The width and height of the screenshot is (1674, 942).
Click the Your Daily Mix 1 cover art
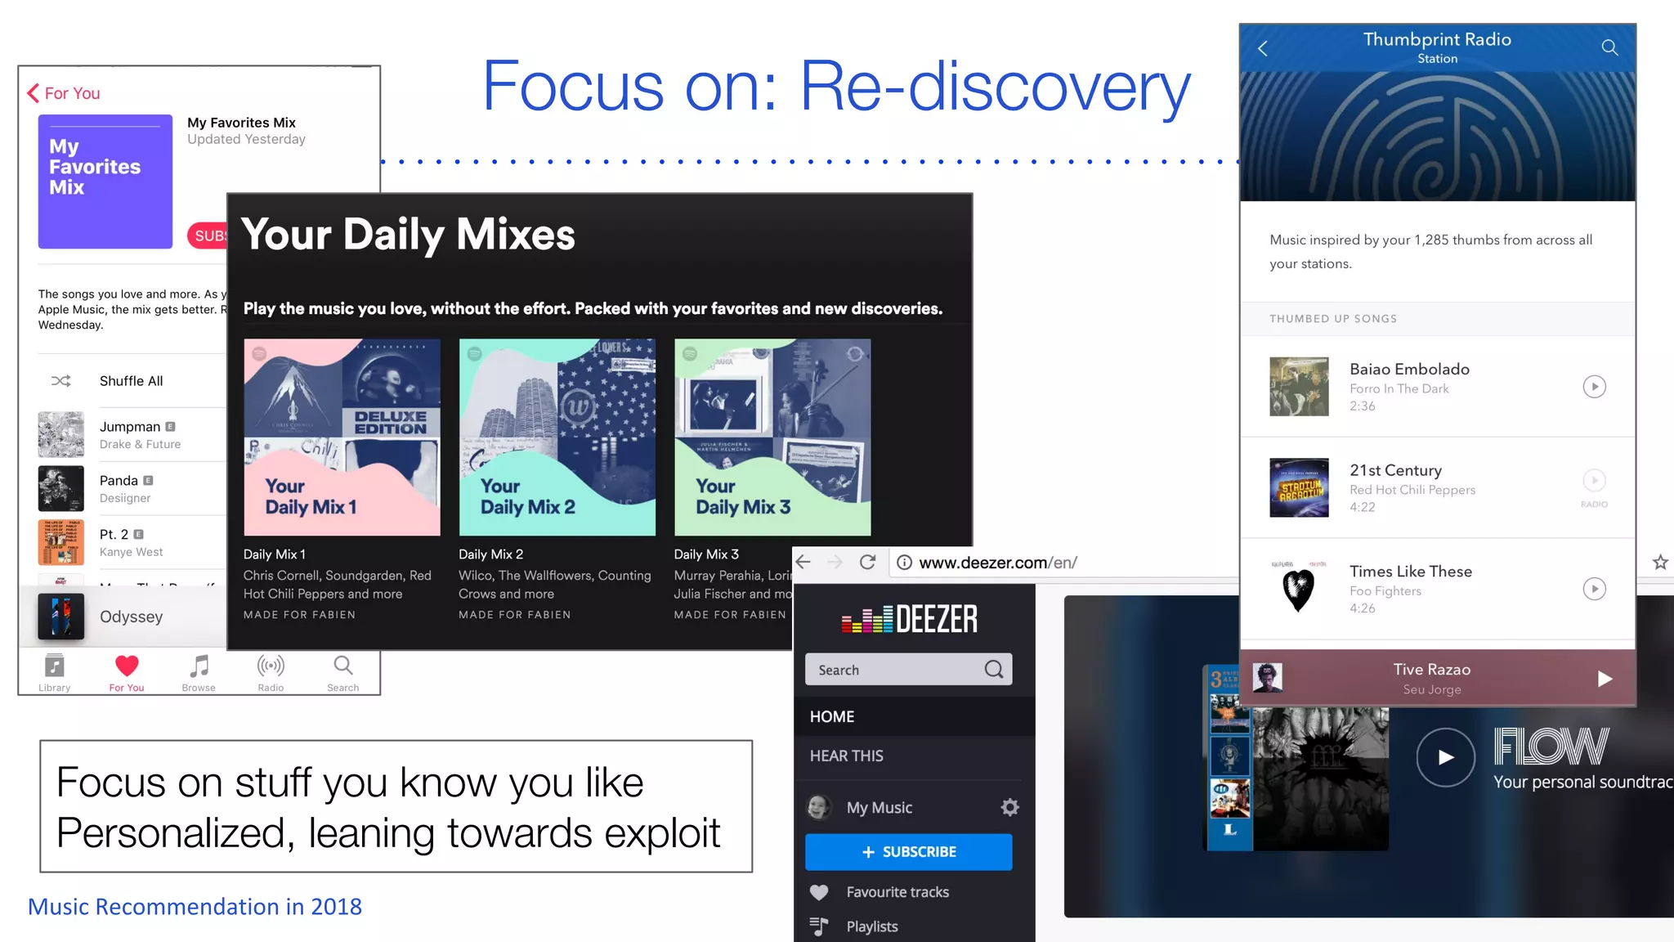pyautogui.click(x=342, y=437)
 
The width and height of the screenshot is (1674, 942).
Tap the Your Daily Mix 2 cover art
pyautogui.click(x=557, y=437)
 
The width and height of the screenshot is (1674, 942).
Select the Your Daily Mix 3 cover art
pyautogui.click(x=772, y=437)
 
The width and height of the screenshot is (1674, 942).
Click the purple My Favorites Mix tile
pyautogui.click(x=105, y=182)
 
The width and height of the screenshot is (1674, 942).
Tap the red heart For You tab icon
pyautogui.click(x=127, y=666)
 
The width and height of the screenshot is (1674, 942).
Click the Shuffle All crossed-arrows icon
pyautogui.click(x=61, y=381)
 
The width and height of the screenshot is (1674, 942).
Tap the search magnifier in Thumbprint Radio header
pyautogui.click(x=1609, y=47)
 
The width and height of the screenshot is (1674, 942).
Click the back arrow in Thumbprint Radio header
pyautogui.click(x=1263, y=48)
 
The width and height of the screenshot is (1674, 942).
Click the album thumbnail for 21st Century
pyautogui.click(x=1299, y=487)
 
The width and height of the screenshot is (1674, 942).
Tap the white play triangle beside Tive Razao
pyautogui.click(x=1605, y=679)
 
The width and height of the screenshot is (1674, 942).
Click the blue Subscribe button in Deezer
pyautogui.click(x=908, y=852)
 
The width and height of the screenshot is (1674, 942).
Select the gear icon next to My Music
pyautogui.click(x=1010, y=808)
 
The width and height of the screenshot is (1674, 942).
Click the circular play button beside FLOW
pyautogui.click(x=1445, y=757)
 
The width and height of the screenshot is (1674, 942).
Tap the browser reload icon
pyautogui.click(x=867, y=563)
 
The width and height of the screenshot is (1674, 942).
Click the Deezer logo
pyautogui.click(x=909, y=619)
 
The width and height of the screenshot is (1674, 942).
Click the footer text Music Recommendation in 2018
pyautogui.click(x=195, y=907)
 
